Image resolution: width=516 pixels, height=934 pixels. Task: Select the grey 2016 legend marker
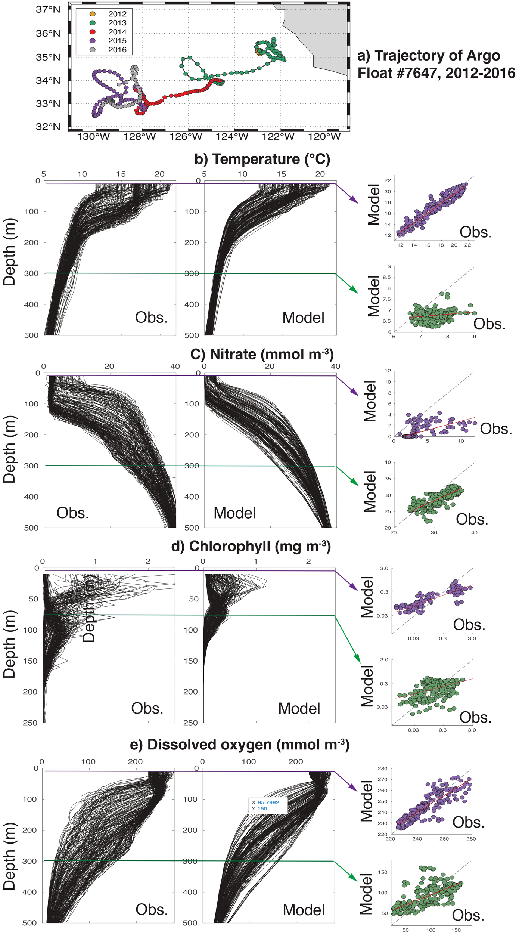(93, 50)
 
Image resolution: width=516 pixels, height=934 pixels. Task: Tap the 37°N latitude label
(48, 9)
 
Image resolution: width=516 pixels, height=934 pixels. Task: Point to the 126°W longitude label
(186, 137)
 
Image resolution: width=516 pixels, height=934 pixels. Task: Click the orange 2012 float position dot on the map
(258, 51)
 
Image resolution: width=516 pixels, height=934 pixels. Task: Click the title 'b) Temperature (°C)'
(262, 159)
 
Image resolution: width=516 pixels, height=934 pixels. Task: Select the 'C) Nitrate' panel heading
(262, 354)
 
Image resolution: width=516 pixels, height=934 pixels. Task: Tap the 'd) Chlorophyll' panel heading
(251, 546)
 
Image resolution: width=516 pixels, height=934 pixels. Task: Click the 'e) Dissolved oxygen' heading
(239, 744)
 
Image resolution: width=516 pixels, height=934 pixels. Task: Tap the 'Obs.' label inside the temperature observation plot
(151, 318)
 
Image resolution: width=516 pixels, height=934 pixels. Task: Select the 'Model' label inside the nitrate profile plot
(234, 513)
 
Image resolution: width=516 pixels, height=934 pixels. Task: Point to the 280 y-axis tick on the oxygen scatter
(382, 768)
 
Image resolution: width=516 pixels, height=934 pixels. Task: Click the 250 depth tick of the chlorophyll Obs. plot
(30, 723)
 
